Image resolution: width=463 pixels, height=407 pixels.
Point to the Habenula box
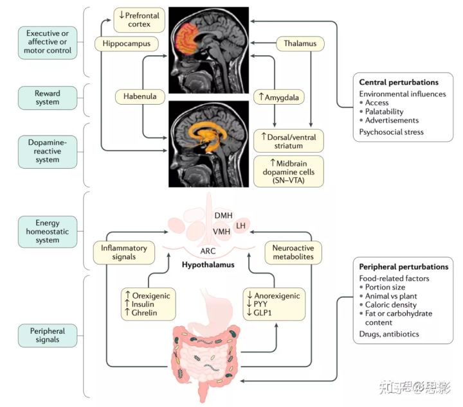coord(136,96)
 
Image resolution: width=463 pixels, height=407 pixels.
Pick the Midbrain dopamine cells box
coord(289,171)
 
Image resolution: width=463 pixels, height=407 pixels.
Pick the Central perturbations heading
coord(399,82)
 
